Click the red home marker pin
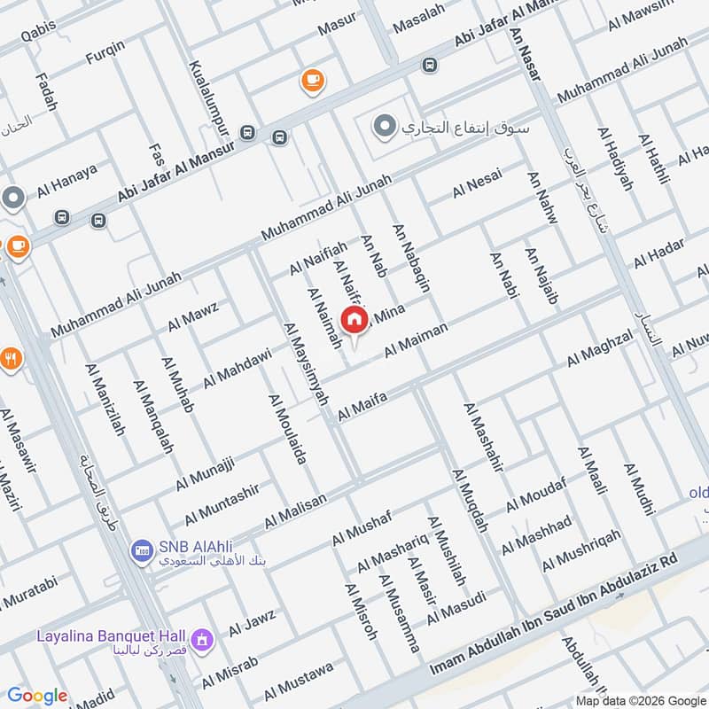(x=354, y=319)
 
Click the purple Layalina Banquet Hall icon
(x=204, y=637)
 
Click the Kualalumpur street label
(x=200, y=99)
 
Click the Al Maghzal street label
(x=600, y=347)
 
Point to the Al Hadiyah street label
(x=617, y=160)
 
